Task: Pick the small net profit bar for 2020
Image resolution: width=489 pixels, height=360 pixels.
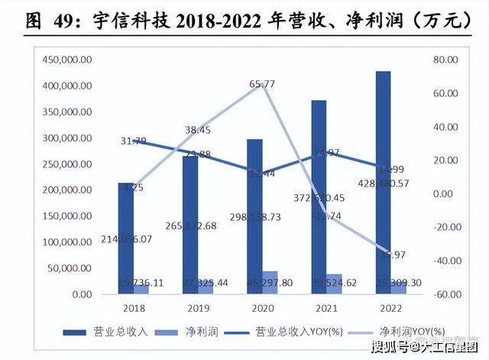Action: coord(270,282)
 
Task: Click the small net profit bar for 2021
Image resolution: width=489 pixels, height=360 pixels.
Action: coord(334,284)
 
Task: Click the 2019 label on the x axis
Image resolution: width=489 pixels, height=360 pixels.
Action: coord(199,308)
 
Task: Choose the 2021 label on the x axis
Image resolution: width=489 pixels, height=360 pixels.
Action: coord(327,308)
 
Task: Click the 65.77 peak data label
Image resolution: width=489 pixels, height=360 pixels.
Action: coord(262,84)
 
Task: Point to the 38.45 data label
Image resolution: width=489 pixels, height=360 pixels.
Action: coord(199,131)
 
